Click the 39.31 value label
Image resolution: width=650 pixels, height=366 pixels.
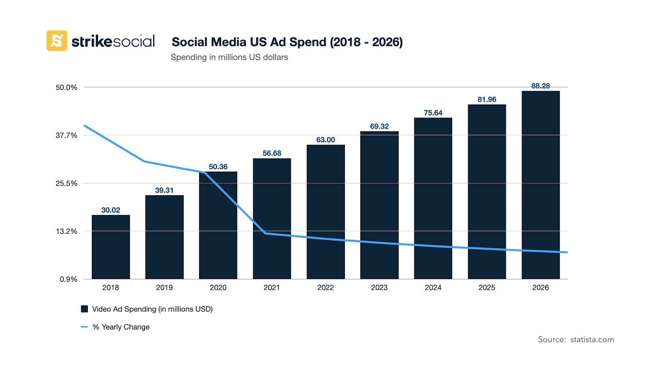click(164, 190)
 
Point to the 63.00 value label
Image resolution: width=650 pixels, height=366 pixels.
click(325, 140)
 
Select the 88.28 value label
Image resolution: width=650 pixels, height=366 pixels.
click(540, 86)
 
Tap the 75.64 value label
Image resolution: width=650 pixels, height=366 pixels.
click(433, 113)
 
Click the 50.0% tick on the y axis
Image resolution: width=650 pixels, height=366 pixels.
click(66, 87)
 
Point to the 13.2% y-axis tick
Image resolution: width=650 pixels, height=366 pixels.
click(66, 231)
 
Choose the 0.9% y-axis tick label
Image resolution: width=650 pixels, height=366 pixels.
click(68, 279)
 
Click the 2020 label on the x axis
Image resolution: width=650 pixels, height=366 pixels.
click(218, 288)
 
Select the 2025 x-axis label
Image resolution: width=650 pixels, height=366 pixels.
click(487, 288)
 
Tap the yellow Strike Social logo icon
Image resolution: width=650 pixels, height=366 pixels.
click(57, 41)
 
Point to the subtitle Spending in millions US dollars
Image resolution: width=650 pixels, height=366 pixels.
click(229, 57)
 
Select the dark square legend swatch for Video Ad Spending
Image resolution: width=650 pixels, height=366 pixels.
click(84, 309)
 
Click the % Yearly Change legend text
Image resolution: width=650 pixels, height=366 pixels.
click(121, 327)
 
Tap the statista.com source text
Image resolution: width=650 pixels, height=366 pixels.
click(592, 340)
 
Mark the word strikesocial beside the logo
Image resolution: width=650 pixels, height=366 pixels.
click(113, 41)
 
